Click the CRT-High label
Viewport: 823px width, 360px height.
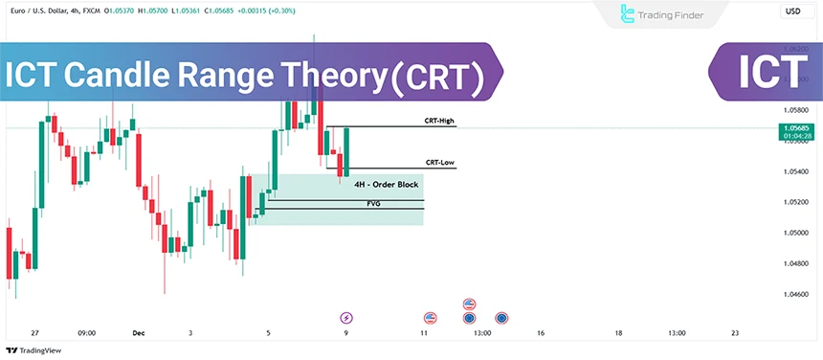(439, 122)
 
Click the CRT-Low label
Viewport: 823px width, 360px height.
(439, 163)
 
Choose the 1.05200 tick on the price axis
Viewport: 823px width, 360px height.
(796, 202)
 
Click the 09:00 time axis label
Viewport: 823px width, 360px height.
(86, 333)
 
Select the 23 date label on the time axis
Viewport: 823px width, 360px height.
(734, 333)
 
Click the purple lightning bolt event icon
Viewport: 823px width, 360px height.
(346, 317)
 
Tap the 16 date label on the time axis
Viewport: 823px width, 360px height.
(541, 333)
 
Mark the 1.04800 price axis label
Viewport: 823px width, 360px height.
(796, 263)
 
